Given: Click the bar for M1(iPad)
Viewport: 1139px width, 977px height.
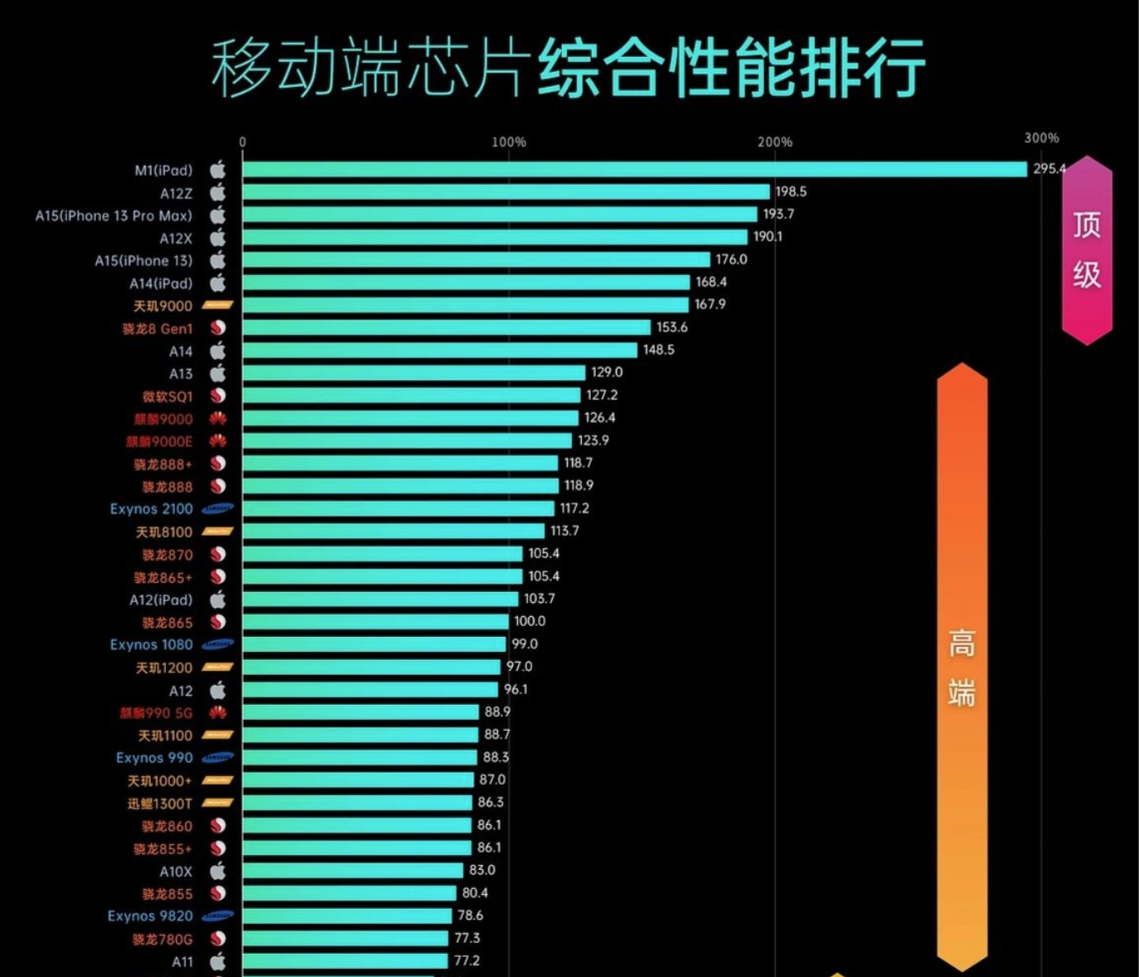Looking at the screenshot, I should tap(634, 169).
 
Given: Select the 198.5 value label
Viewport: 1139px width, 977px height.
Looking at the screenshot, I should tap(791, 192).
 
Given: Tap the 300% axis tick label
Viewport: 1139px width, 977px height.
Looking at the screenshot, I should tap(1041, 138).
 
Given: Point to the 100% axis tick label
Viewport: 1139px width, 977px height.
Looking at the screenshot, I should tap(508, 142).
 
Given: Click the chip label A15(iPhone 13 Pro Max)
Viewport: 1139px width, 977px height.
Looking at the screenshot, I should tap(114, 216).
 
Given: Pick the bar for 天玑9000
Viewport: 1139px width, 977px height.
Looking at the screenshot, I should tap(465, 305).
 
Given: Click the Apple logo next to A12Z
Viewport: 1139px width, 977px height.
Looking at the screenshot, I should tap(217, 192).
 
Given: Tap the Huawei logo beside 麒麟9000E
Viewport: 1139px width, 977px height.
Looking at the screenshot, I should tap(218, 441).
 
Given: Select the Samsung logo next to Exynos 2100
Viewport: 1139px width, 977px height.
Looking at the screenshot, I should tap(218, 508).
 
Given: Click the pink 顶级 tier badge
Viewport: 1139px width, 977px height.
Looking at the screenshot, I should tap(1087, 250).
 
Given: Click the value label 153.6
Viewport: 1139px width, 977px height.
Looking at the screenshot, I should tap(671, 328).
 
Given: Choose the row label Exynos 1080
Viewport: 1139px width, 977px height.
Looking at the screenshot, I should tap(151, 644).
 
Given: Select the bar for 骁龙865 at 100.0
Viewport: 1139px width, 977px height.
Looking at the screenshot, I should tap(376, 622).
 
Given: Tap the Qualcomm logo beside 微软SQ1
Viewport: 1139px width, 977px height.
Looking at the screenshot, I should tap(218, 396).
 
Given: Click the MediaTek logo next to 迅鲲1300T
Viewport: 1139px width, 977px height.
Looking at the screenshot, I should tap(218, 803).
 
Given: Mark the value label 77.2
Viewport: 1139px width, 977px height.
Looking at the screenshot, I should tap(467, 960).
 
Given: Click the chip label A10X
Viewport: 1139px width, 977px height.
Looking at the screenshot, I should tap(176, 872).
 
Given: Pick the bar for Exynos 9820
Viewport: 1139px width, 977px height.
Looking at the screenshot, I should tap(347, 916).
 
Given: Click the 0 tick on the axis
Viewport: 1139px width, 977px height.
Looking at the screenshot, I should tap(243, 142).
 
